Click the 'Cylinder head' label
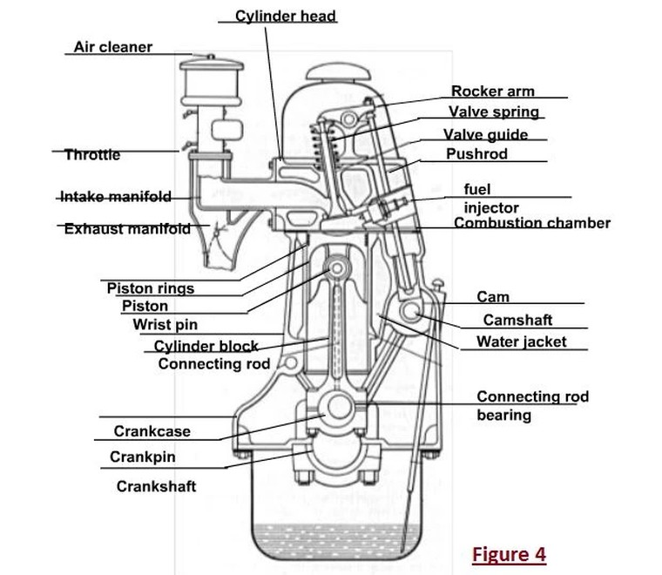(x=286, y=16)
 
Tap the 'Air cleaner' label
(x=112, y=47)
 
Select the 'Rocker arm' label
(x=493, y=91)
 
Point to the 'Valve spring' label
(x=493, y=112)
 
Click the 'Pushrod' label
(x=476, y=154)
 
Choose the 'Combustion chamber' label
(x=532, y=223)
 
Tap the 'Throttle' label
(x=92, y=155)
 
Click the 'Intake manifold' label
(x=115, y=197)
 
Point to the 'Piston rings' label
(x=151, y=288)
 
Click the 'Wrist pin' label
(x=165, y=325)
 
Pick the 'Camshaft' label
(x=517, y=321)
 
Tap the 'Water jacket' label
(x=521, y=342)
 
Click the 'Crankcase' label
(x=152, y=431)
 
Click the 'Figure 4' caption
(x=510, y=553)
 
